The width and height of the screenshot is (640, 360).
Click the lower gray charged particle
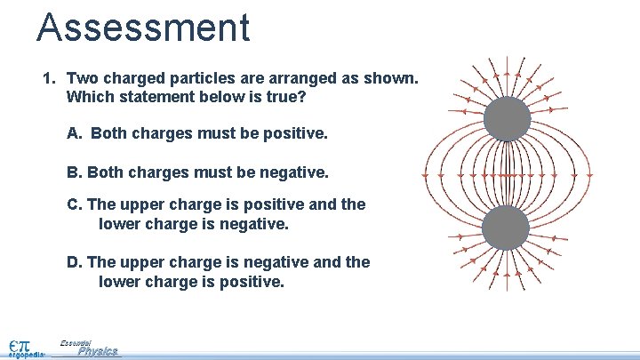pos(506,226)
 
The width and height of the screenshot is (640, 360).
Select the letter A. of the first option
pos(76,134)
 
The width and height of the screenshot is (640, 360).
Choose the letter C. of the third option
pos(76,204)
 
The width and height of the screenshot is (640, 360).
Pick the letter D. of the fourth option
pos(76,262)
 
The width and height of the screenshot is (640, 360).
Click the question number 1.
pos(49,79)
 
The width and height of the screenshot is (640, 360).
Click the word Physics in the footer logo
pos(97,351)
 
